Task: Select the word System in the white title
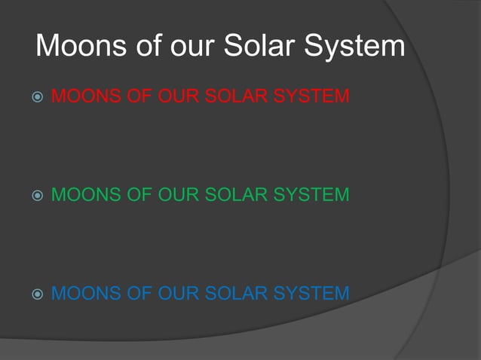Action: tap(356, 47)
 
